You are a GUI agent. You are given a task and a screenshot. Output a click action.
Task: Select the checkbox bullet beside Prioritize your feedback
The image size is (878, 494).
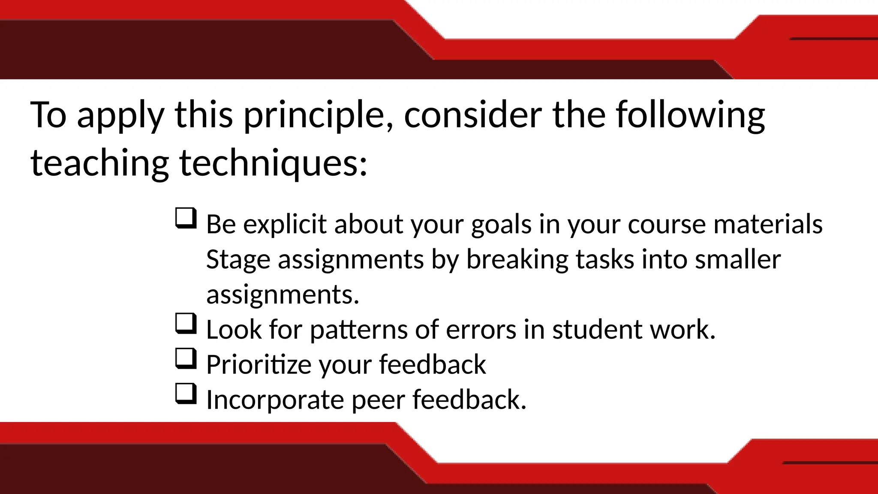pos(186,358)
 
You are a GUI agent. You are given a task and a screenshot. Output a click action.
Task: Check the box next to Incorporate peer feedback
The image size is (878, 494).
pos(186,394)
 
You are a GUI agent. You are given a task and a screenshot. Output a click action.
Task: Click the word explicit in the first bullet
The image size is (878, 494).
pos(285,225)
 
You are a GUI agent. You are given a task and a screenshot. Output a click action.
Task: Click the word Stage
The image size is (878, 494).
pos(238,260)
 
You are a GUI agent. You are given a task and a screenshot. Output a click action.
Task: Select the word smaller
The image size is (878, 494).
pos(737,260)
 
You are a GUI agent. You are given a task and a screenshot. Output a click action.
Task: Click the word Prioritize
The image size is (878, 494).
pos(259,365)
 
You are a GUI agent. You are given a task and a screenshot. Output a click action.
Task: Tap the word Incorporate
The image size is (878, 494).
pos(275,400)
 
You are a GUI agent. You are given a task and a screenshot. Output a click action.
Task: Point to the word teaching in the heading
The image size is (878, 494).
pos(100,163)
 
